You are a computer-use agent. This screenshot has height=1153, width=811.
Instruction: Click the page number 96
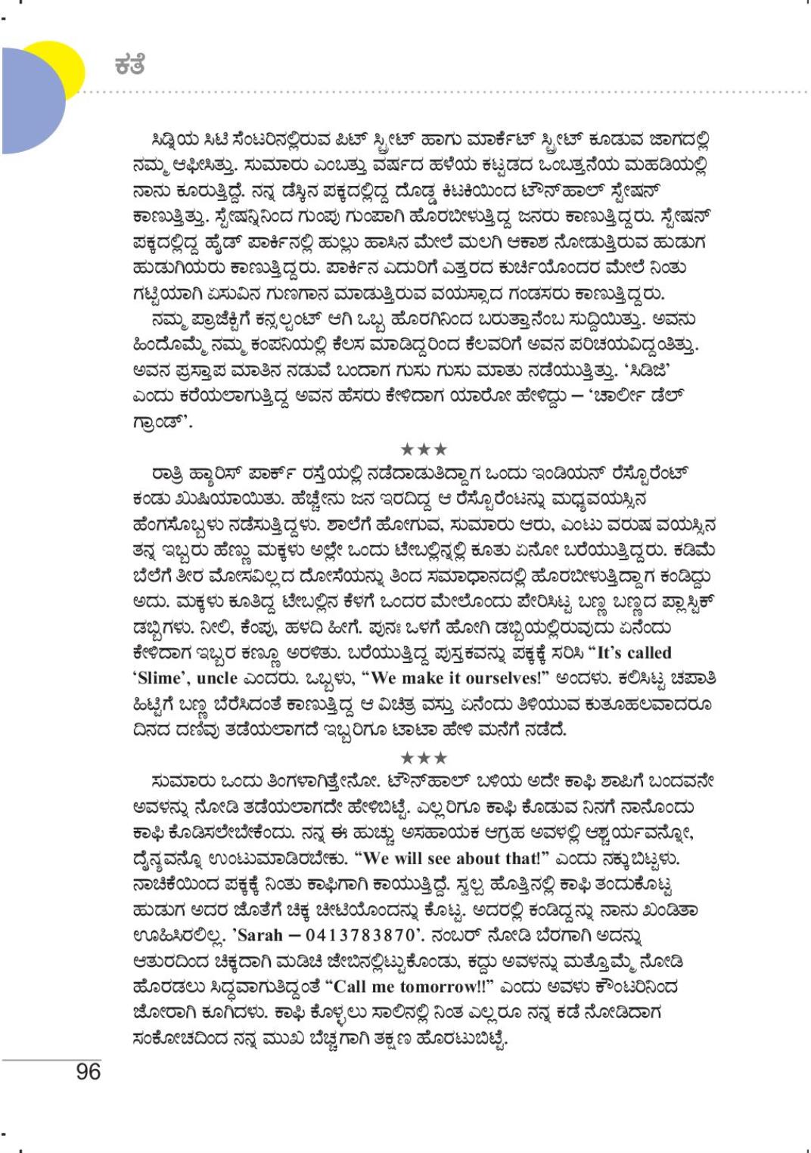click(89, 1071)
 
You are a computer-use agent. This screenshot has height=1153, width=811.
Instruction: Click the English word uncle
click(216, 678)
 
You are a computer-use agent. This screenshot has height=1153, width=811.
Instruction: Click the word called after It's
click(642, 652)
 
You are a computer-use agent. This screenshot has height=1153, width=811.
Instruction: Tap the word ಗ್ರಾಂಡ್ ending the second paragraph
click(160, 422)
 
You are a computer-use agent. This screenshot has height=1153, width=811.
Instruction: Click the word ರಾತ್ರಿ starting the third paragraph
click(170, 473)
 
